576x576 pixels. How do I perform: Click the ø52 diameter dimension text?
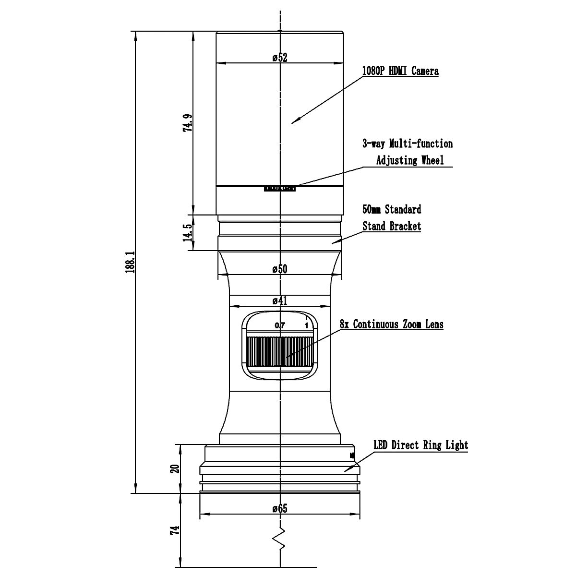tap(279, 58)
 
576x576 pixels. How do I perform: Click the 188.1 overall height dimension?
tap(129, 262)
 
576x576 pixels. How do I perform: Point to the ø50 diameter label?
tap(279, 269)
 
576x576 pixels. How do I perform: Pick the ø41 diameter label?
tap(279, 301)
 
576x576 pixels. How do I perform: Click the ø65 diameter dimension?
tap(279, 508)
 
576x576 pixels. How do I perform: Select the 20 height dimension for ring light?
tap(176, 468)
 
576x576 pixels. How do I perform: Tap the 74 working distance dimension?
tap(176, 530)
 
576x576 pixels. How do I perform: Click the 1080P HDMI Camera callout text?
tap(400, 72)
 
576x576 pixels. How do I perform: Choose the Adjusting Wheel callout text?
tap(409, 160)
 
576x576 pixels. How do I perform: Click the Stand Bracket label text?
tap(392, 226)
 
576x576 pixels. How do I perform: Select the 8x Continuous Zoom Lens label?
tap(391, 324)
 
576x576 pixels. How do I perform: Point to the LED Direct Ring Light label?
tap(420, 445)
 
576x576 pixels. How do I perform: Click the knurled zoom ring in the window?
tap(280, 351)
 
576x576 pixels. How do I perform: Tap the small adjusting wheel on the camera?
tap(279, 189)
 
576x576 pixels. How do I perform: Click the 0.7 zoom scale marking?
tap(280, 325)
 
